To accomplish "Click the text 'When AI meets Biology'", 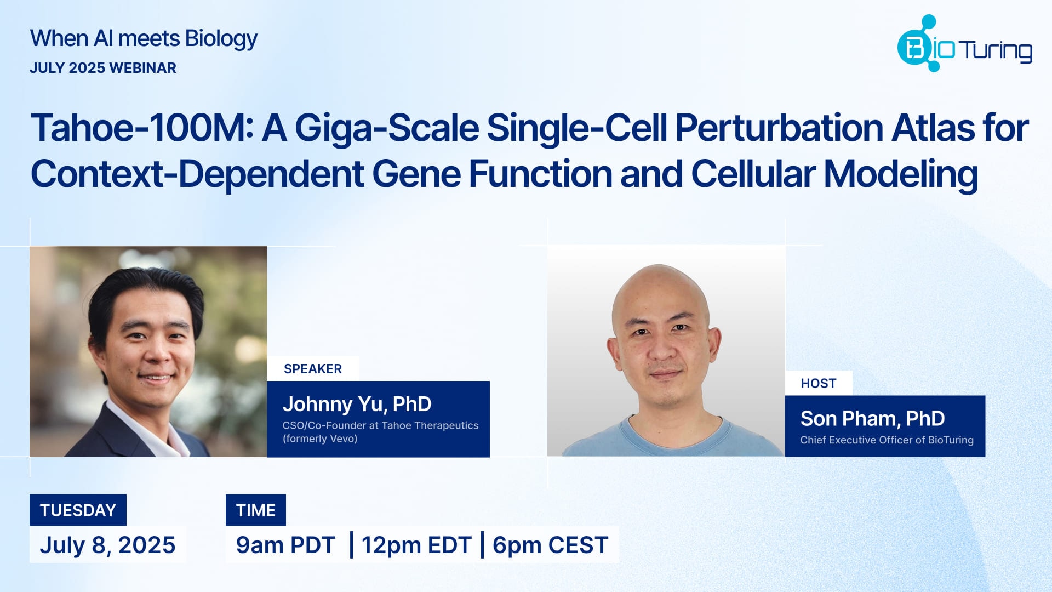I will pyautogui.click(x=144, y=39).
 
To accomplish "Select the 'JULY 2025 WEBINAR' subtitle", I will pyautogui.click(x=103, y=68).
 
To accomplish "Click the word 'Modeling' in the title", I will pyautogui.click(x=901, y=174).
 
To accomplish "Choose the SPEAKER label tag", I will pyautogui.click(x=313, y=369).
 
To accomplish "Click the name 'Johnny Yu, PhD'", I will pyautogui.click(x=357, y=404).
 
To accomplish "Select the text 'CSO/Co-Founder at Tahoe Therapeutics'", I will pyautogui.click(x=380, y=425).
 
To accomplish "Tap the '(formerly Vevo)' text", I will pyautogui.click(x=320, y=439).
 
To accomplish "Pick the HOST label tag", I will pyautogui.click(x=818, y=383).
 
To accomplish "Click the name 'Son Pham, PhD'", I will pyautogui.click(x=872, y=419).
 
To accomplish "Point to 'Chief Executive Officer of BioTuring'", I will pyautogui.click(x=887, y=440).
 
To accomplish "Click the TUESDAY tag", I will pyautogui.click(x=78, y=510).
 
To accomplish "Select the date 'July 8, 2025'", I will pyautogui.click(x=107, y=545).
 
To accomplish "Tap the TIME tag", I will pyautogui.click(x=255, y=510).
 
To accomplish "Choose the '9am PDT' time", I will pyautogui.click(x=285, y=545).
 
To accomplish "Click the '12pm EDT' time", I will pyautogui.click(x=416, y=545).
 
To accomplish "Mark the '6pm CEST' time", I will pyautogui.click(x=550, y=545).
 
